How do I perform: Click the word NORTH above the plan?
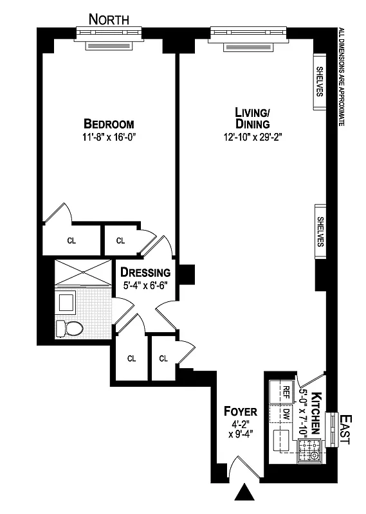tap(109, 19)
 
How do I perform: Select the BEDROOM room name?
tap(109, 124)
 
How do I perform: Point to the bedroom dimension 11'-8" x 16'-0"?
tap(109, 136)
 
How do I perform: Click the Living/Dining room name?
tap(252, 118)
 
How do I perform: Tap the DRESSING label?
tap(145, 272)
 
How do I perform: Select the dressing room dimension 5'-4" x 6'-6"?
tap(145, 284)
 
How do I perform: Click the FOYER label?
tap(240, 411)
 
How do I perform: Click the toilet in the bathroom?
tap(69, 328)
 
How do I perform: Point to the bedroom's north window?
tap(107, 37)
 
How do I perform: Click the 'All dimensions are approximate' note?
tap(342, 76)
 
